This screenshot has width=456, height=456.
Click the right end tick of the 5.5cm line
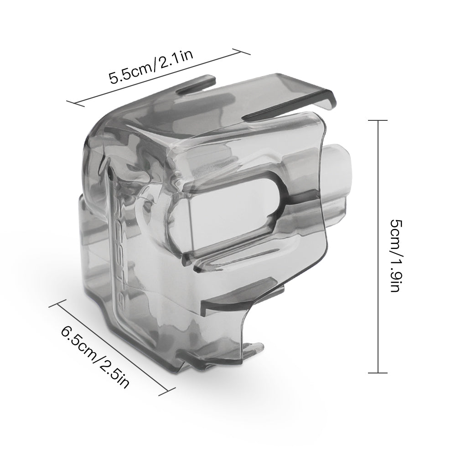tap(243, 50)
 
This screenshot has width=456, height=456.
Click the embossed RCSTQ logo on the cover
tap(118, 237)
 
